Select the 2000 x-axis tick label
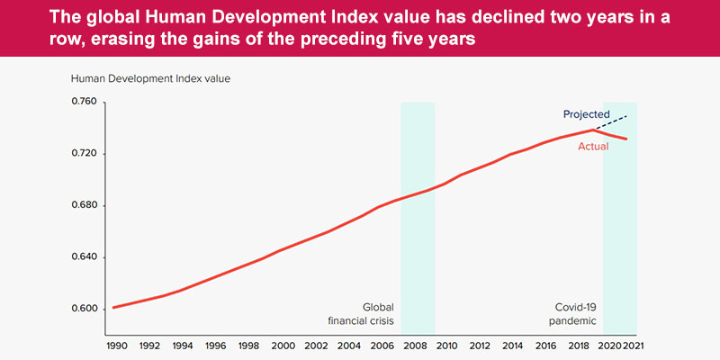283,346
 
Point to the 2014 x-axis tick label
513,346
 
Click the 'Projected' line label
587,114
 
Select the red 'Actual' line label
593,146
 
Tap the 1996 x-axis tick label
215,346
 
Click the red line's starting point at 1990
112,308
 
